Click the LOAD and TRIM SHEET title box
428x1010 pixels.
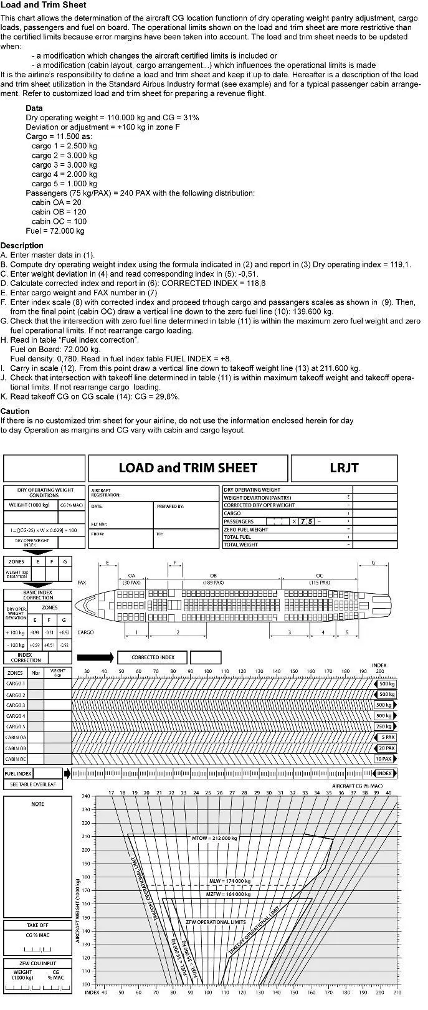pos(188,468)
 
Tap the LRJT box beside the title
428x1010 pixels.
pos(344,468)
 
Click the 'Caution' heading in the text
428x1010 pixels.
pos(15,411)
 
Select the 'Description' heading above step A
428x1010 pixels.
pos(22,245)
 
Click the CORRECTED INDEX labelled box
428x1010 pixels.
pos(153,657)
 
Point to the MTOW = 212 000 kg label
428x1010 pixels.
pos(214,838)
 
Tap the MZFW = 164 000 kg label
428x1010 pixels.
pos(228,894)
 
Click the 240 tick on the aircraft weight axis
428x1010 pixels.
pos(85,796)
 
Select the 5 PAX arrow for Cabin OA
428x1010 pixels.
pos(387,738)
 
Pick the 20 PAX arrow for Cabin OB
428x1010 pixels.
pos(386,748)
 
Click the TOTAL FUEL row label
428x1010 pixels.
pos(237,537)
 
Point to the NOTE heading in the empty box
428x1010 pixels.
pos(37,804)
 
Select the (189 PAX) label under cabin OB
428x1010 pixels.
pos(213,583)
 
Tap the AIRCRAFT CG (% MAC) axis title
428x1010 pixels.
pos(357,786)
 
